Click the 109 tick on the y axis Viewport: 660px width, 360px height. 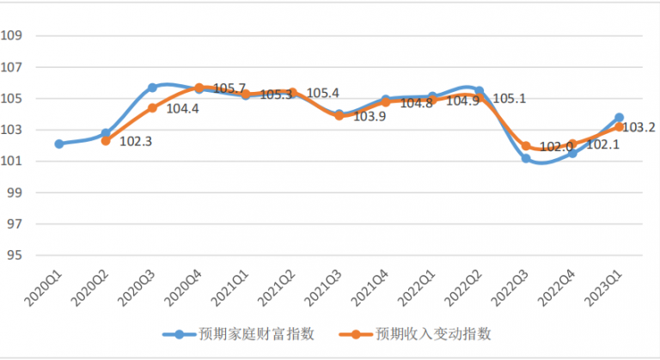[12, 36]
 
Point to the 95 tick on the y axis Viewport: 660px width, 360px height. [12, 256]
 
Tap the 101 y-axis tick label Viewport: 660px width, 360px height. [12, 162]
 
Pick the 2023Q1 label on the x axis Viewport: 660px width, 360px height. [604, 284]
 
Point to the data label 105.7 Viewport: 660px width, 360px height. [229, 88]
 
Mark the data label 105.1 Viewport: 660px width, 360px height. [510, 99]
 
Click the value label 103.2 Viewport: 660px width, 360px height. [638, 127]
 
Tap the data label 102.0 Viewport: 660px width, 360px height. [556, 147]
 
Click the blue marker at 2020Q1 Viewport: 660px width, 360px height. [58, 144]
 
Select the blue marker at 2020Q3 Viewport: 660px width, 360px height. [152, 88]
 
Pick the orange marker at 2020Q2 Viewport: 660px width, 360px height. [106, 141]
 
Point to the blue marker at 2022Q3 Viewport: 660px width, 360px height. [526, 158]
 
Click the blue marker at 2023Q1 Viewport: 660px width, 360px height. [619, 118]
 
